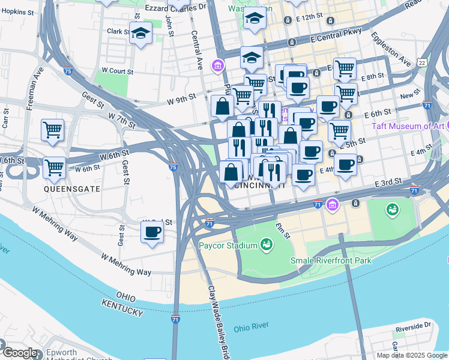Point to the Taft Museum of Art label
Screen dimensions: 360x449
(408, 126)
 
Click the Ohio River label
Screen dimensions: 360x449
(250, 328)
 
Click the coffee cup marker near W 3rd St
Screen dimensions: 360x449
(152, 232)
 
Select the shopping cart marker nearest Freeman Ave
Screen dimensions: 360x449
(52, 130)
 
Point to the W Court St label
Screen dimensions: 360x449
(116, 71)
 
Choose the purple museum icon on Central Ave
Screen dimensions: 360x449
(216, 64)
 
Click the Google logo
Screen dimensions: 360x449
(19, 353)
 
